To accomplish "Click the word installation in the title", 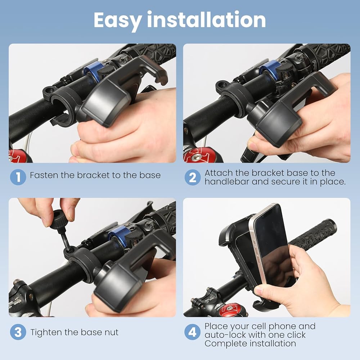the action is coord(206,19).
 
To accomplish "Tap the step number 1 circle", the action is coord(18,177).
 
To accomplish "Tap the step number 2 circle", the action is coord(193,177).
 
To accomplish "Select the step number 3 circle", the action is coord(18,332).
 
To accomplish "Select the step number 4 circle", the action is coord(193,332).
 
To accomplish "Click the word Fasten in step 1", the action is coord(44,175).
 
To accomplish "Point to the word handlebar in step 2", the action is coord(226,181).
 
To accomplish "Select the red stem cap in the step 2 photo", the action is coord(195,154).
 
